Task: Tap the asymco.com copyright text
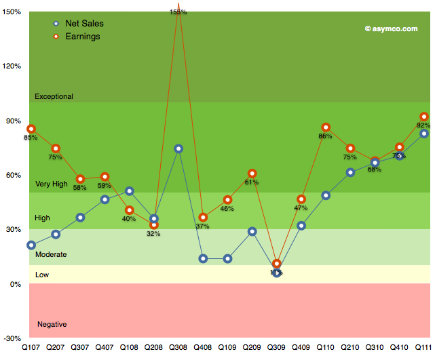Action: [x=391, y=28]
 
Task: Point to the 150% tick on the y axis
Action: [x=12, y=12]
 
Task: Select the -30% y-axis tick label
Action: [x=12, y=338]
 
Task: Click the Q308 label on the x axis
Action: [x=178, y=348]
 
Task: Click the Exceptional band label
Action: [x=54, y=97]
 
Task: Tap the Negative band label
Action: [x=52, y=324]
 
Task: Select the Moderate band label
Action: [x=51, y=254]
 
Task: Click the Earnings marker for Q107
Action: [x=31, y=129]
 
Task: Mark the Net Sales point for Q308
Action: [x=178, y=148]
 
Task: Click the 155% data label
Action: [x=178, y=12]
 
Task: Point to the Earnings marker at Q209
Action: [x=252, y=174]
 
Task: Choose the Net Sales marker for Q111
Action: [x=424, y=134]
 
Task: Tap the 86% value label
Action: [x=325, y=136]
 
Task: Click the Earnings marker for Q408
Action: [x=203, y=218]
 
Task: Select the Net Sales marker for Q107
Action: [x=31, y=245]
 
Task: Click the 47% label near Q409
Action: [x=301, y=208]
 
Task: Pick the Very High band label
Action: [x=52, y=184]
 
